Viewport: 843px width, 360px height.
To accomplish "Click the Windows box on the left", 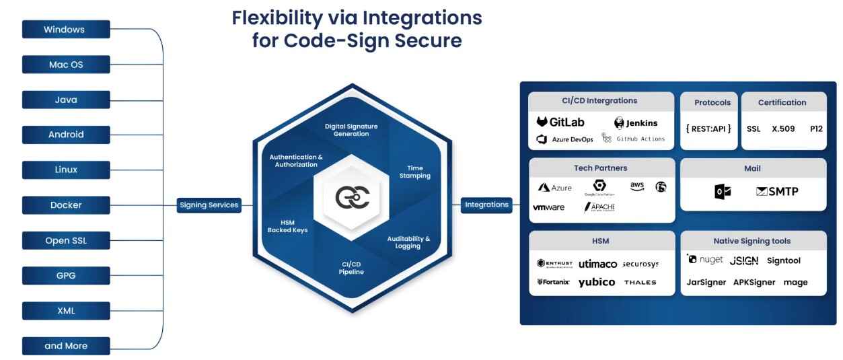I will (x=65, y=30).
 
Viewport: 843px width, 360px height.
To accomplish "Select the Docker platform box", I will (x=65, y=205).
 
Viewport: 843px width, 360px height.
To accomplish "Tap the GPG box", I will (x=65, y=276).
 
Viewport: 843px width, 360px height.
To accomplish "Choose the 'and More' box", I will (x=65, y=346).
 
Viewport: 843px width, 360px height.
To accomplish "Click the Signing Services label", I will (x=209, y=205).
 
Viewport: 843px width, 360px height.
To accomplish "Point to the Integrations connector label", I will (x=486, y=205).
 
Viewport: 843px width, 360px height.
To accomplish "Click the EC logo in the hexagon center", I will (x=352, y=196).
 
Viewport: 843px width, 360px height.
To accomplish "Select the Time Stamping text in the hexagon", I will (x=418, y=172).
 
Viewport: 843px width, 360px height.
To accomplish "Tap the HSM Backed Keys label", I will (x=283, y=226).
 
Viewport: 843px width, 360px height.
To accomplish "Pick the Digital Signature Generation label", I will (x=351, y=130).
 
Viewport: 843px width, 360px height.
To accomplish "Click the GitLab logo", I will (x=560, y=122).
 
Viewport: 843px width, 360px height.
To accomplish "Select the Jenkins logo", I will (x=636, y=123).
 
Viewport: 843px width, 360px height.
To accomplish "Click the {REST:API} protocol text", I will (x=708, y=129).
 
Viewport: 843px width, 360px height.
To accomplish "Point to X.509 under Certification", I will (x=784, y=129).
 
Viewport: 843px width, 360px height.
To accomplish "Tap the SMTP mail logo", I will (x=777, y=192).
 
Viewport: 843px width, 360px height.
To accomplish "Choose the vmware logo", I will (x=548, y=207).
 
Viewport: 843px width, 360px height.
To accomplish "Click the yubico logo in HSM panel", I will (x=596, y=282).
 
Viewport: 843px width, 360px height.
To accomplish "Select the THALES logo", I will (x=640, y=282).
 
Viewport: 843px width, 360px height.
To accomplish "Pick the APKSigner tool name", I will (x=754, y=282).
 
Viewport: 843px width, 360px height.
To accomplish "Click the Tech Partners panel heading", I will (x=600, y=168).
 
